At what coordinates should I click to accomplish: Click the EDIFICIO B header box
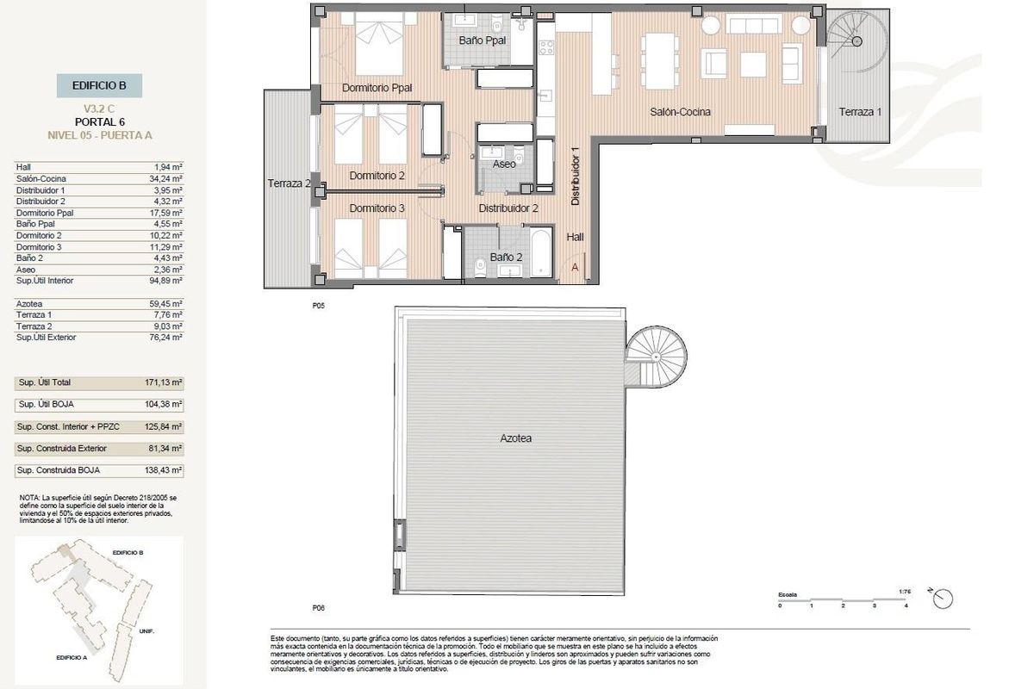click(x=100, y=85)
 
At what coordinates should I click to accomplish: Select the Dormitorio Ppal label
click(x=377, y=88)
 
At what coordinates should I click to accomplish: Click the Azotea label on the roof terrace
click(x=515, y=438)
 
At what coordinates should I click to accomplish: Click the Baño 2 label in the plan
click(x=506, y=257)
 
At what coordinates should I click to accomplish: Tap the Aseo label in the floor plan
click(x=504, y=164)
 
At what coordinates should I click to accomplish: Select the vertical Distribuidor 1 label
click(x=576, y=175)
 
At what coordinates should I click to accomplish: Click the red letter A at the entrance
click(x=575, y=268)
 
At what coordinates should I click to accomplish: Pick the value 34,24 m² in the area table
click(x=165, y=178)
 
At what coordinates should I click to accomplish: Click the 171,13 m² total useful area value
click(x=165, y=382)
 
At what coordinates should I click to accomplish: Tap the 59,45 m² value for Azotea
click(x=165, y=303)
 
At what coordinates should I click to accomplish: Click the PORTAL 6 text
click(x=100, y=121)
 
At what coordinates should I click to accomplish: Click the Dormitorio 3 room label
click(x=377, y=208)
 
